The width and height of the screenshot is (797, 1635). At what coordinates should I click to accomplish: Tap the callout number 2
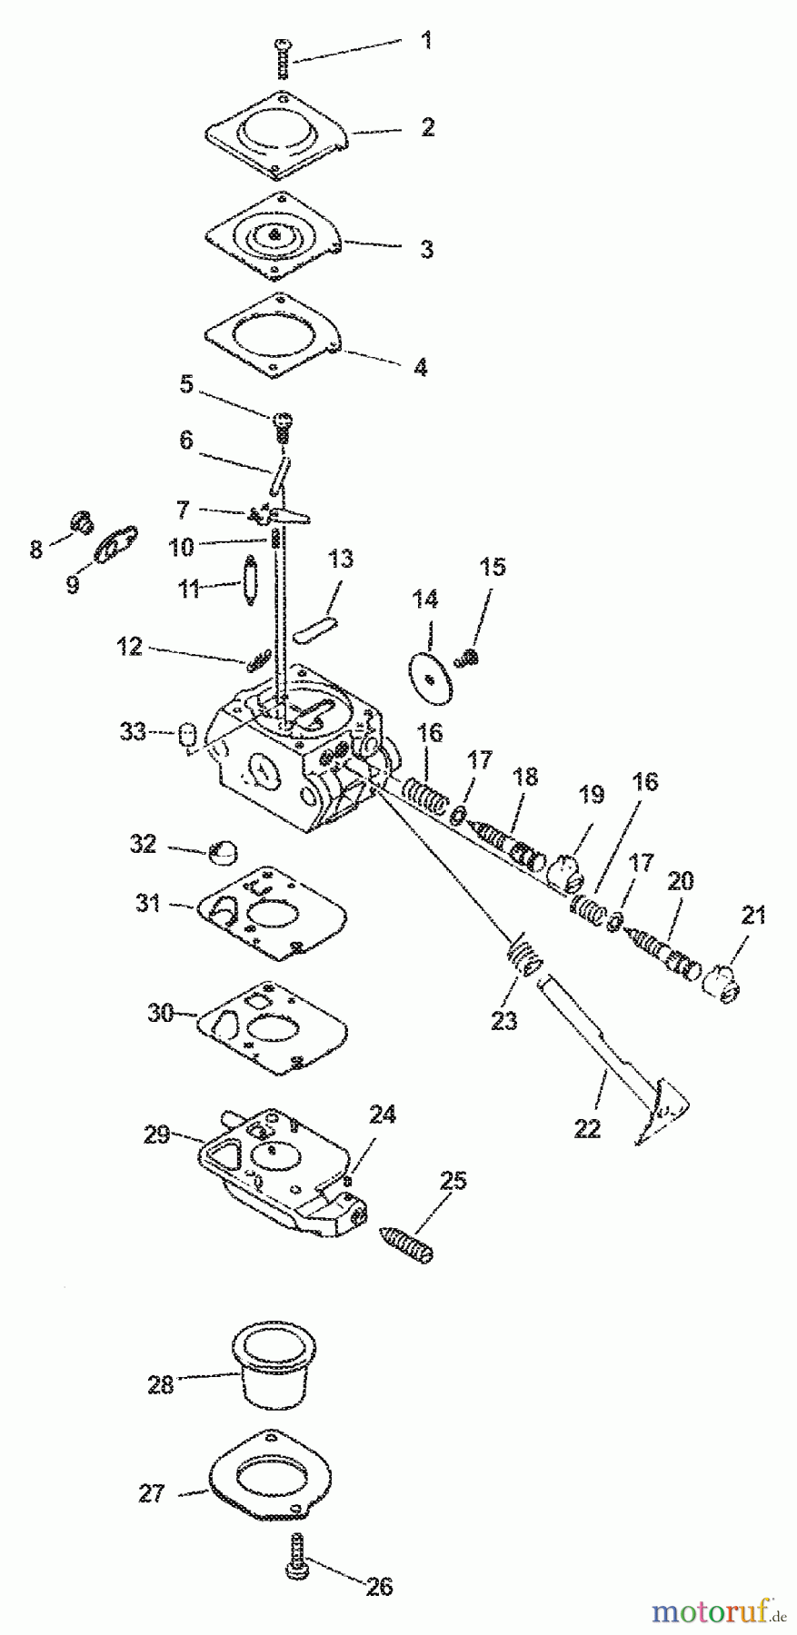coord(427,127)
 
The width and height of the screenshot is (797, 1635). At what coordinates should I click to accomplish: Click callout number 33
coord(134,731)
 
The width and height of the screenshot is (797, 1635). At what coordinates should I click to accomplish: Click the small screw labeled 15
coord(470,654)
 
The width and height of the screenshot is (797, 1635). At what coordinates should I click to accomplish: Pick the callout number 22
coord(588,1128)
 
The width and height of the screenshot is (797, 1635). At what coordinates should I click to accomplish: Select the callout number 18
coord(525,777)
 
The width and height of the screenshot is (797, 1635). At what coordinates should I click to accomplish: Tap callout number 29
coord(157,1135)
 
